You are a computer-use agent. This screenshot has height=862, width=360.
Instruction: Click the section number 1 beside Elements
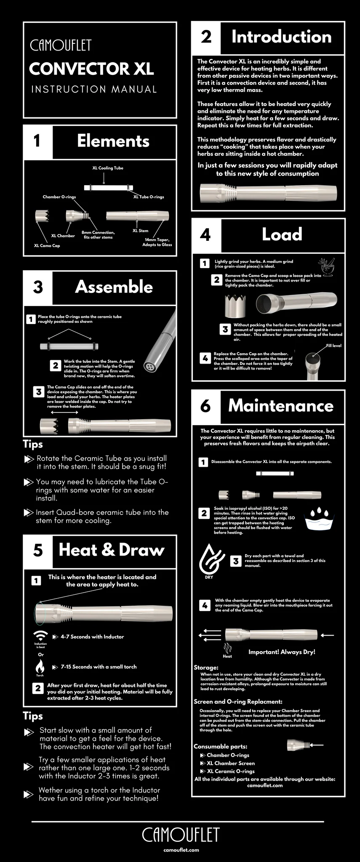(x=37, y=141)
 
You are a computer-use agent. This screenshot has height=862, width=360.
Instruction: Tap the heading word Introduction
(x=281, y=37)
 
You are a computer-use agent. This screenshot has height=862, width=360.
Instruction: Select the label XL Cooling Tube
(x=108, y=168)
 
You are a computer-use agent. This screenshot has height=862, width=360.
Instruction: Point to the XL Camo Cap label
(x=47, y=245)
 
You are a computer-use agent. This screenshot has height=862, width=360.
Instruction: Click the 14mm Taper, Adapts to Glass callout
(x=157, y=242)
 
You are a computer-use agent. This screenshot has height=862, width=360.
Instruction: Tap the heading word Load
(x=282, y=234)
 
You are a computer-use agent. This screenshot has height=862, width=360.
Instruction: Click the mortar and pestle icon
(x=327, y=267)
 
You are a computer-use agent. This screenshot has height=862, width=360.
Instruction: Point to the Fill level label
(x=333, y=346)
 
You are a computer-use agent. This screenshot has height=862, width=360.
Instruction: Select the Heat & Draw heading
(x=112, y=550)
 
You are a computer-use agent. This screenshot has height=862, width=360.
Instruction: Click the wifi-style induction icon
(x=41, y=635)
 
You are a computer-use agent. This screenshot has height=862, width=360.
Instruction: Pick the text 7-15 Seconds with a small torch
(x=99, y=667)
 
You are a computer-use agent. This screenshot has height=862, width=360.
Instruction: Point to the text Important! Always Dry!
(x=282, y=652)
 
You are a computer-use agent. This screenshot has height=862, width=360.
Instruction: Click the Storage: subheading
(x=206, y=668)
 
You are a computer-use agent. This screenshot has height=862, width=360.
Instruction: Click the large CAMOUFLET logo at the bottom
(x=181, y=835)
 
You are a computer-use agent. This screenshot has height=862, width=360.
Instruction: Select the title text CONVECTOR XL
(x=91, y=69)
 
